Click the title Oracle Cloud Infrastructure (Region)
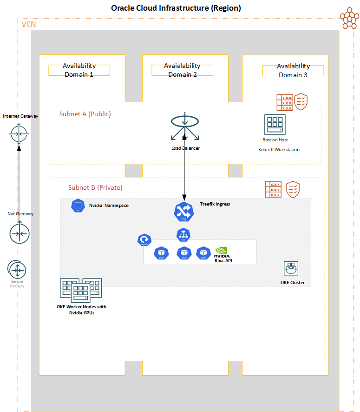176,8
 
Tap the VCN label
29,24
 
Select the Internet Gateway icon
20,134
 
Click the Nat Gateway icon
20,233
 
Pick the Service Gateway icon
17,270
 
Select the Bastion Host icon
275,125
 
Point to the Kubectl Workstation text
279,150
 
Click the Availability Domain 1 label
79,70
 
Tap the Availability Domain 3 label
293,71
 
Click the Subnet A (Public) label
85,114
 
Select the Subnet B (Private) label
95,187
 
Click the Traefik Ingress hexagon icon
183,212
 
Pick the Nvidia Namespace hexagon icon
78,206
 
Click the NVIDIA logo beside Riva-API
221,252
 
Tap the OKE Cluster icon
291,268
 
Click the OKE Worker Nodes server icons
80,290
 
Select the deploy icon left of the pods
144,240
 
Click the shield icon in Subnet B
293,189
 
